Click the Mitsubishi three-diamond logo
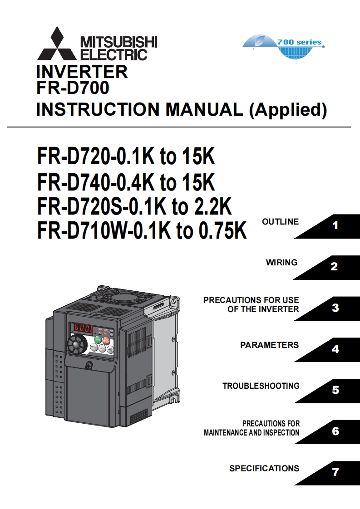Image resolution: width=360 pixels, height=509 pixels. pyautogui.click(x=57, y=44)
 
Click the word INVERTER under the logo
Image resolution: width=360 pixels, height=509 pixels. pyautogui.click(x=82, y=72)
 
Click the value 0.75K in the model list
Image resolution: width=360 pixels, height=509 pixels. pyautogui.click(x=222, y=231)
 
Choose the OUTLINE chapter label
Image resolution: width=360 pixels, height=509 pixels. pyautogui.click(x=280, y=222)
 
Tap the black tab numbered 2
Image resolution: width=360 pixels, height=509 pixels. pyautogui.click(x=334, y=267)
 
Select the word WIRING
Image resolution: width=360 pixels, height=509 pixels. pyautogui.click(x=281, y=262)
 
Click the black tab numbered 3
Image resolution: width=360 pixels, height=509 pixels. pyautogui.click(x=335, y=308)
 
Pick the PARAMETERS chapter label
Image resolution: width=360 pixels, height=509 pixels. pyautogui.click(x=269, y=345)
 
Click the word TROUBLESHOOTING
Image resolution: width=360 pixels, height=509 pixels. pyautogui.click(x=261, y=386)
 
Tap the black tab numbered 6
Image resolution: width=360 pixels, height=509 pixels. pyautogui.click(x=335, y=431)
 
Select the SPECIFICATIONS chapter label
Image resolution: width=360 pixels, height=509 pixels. pyautogui.click(x=264, y=469)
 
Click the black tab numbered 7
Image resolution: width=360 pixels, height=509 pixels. pyautogui.click(x=335, y=472)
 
